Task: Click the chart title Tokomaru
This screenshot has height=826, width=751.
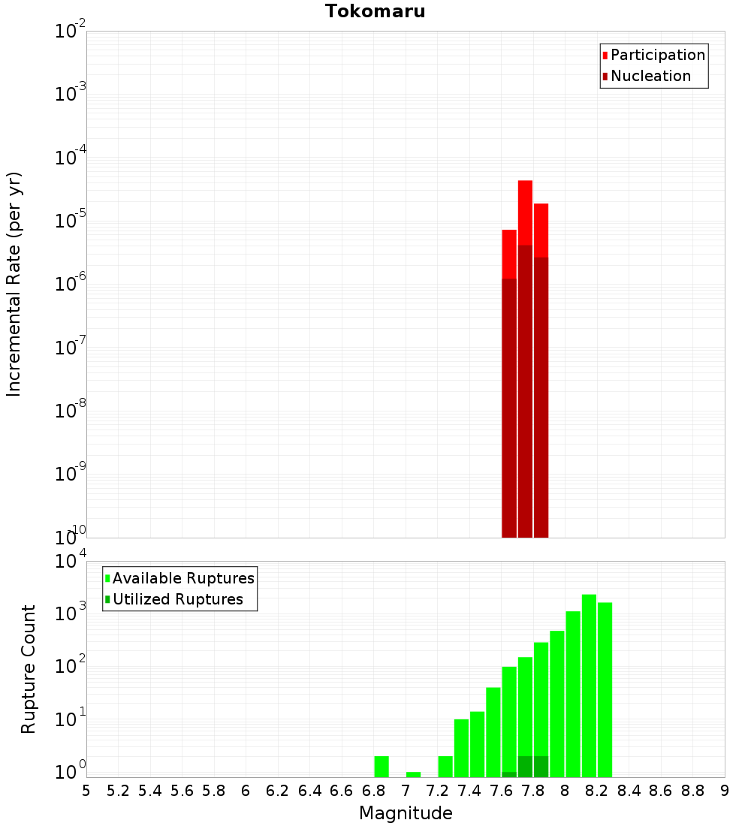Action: (x=375, y=11)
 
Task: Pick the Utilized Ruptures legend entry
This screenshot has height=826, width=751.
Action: (x=177, y=599)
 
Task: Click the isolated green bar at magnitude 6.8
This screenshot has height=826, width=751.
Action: (x=382, y=767)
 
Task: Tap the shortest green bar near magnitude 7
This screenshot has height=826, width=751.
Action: (x=413, y=774)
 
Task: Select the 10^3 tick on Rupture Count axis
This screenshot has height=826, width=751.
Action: (x=71, y=613)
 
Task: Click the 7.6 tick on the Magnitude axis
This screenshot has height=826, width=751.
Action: (x=501, y=791)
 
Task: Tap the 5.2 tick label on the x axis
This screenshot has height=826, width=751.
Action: (x=118, y=791)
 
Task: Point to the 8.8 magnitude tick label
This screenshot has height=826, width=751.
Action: (x=692, y=791)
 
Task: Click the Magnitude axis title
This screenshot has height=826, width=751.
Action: (x=406, y=813)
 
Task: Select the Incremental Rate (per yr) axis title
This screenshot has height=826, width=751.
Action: (x=14, y=284)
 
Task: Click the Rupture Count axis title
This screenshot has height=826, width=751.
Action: (x=29, y=669)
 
